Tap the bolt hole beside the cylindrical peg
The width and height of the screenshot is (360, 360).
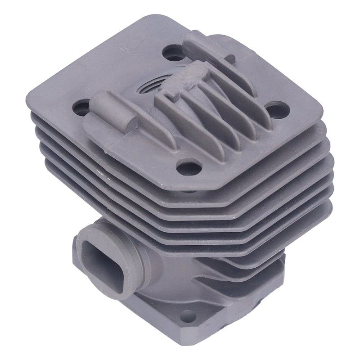[81, 108]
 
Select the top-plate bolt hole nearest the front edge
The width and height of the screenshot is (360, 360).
[189, 167]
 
